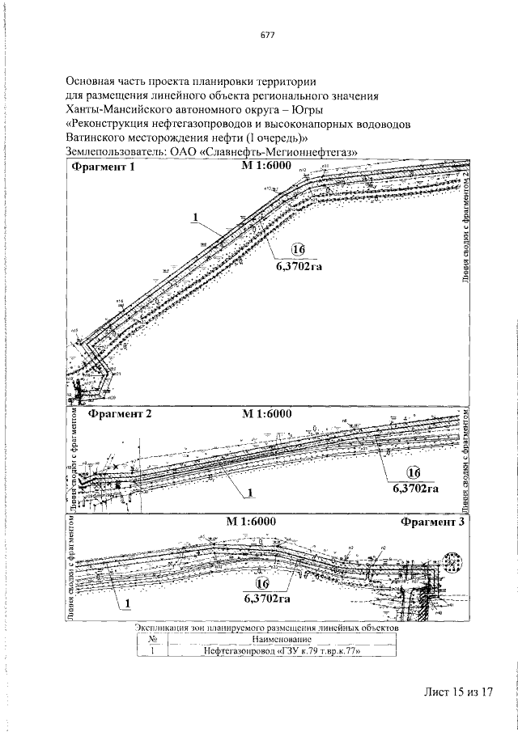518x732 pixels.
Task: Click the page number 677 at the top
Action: pyautogui.click(x=268, y=36)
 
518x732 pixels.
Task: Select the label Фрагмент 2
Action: pyautogui.click(x=119, y=413)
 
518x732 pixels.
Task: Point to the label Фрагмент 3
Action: pyautogui.click(x=432, y=522)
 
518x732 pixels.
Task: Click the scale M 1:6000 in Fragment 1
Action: pyautogui.click(x=265, y=167)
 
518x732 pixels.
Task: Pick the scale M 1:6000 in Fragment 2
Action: pyautogui.click(x=266, y=413)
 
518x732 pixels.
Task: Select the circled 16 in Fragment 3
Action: pyautogui.click(x=261, y=584)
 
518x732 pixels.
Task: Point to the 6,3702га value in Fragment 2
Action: pyautogui.click(x=415, y=488)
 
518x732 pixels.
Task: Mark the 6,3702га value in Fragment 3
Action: pyautogui.click(x=266, y=599)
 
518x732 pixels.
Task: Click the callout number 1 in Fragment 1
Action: pyautogui.click(x=194, y=216)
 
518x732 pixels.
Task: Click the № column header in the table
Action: pyautogui.click(x=151, y=637)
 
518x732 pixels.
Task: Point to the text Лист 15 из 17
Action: pyautogui.click(x=457, y=693)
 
